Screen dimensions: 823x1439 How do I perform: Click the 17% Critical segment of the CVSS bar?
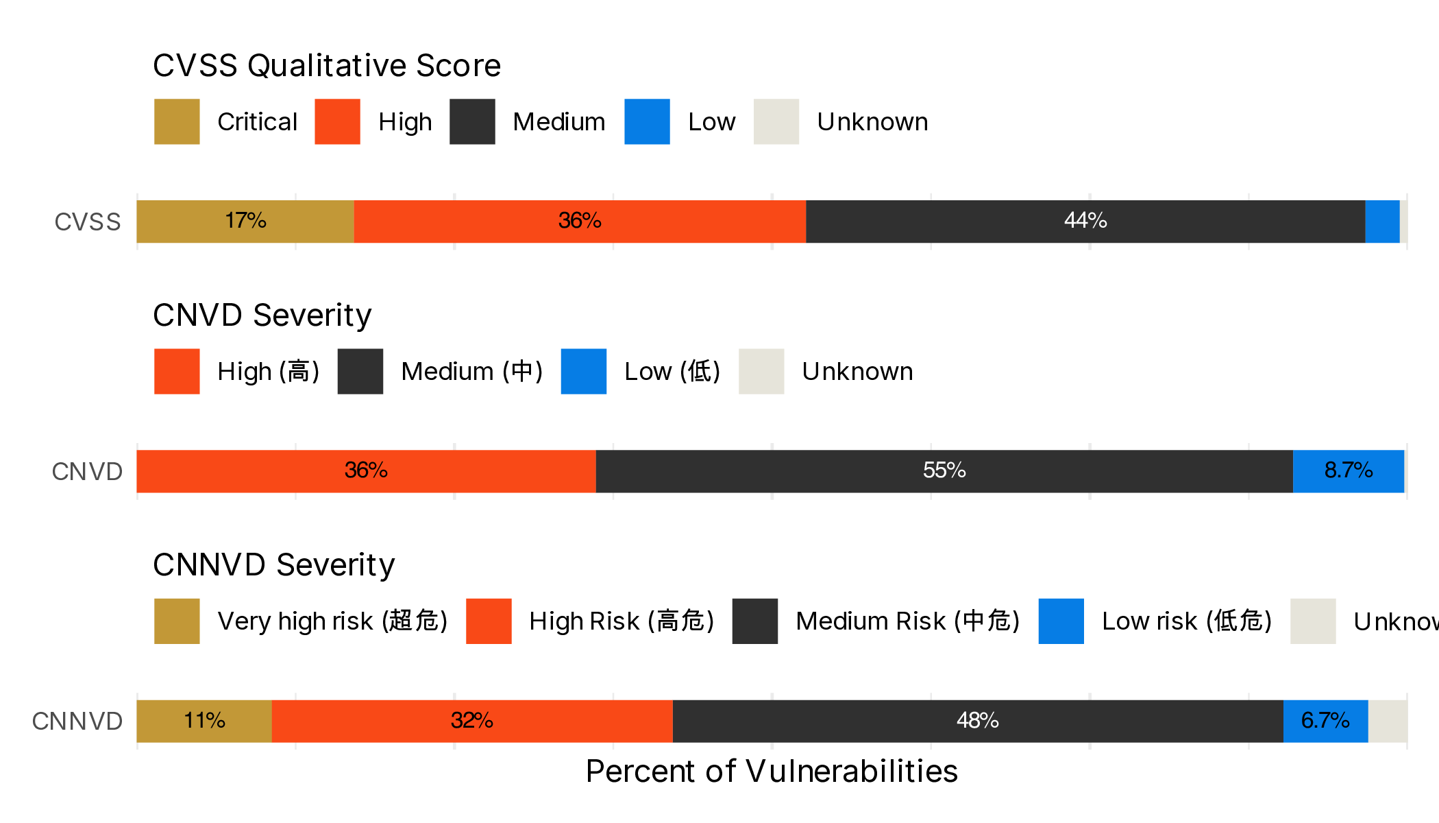coord(245,221)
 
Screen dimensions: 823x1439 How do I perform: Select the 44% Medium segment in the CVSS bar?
coord(1085,221)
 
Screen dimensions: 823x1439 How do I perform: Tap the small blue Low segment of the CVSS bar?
coord(1381,221)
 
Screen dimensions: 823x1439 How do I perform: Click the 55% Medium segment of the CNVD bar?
coord(944,470)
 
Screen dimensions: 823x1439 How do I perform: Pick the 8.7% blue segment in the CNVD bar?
coord(1348,470)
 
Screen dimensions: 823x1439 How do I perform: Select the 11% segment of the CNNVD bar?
coord(204,720)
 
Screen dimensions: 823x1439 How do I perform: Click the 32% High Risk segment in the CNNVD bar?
coord(472,720)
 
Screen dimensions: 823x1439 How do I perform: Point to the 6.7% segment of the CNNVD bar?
coord(1325,720)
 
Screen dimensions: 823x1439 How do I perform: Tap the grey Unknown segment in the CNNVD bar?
coord(1388,720)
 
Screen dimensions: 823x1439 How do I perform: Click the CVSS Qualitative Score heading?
coord(327,66)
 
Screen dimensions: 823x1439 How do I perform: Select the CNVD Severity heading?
coord(262,315)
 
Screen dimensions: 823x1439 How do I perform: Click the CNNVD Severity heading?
coord(273,565)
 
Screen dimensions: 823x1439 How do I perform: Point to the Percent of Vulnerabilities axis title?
coord(772,771)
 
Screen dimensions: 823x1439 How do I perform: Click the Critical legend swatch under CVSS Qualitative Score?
coord(177,121)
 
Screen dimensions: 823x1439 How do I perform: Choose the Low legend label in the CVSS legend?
coord(711,122)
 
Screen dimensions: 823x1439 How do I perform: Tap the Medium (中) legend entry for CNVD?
coord(471,372)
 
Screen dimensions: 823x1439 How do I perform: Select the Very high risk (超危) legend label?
coord(332,621)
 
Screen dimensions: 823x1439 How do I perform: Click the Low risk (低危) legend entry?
coord(1186,621)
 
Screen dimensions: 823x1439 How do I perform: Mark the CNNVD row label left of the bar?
coord(77,721)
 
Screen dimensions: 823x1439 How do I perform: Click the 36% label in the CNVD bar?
coord(366,470)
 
